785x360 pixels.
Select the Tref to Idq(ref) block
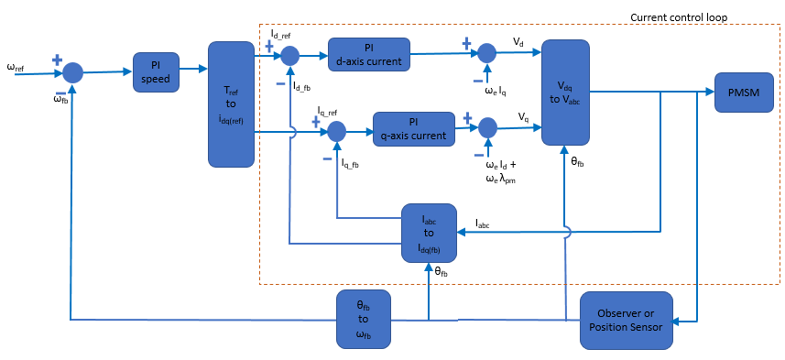click(231, 104)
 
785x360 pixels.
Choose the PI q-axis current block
click(414, 129)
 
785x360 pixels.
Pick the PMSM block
click(743, 93)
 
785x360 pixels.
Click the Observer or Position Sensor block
click(627, 321)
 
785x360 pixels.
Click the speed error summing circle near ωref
click(71, 73)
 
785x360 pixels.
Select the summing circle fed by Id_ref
click(290, 56)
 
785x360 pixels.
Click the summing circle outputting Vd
click(487, 56)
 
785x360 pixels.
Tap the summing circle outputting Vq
click(487, 127)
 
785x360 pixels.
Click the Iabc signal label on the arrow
click(482, 224)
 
